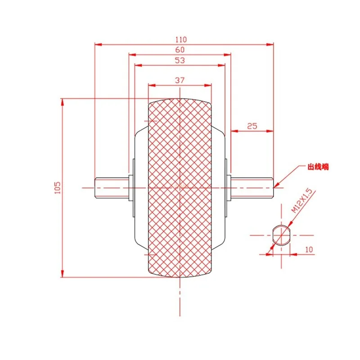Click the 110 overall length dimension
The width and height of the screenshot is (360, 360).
(181, 40)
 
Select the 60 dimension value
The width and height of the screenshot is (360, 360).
(180, 50)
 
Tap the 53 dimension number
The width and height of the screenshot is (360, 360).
(180, 60)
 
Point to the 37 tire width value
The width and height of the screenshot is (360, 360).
(180, 81)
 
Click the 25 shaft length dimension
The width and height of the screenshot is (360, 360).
(252, 126)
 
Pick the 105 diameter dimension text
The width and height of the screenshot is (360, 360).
(58, 188)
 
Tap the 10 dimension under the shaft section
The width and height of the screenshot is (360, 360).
(309, 250)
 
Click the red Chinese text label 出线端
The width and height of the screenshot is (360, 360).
(318, 167)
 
